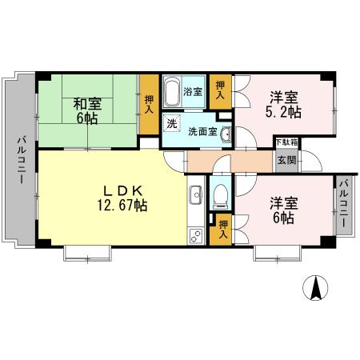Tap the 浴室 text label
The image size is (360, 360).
pyautogui.click(x=193, y=91)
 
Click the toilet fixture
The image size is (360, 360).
pyautogui.click(x=221, y=194)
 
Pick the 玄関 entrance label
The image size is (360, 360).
pyautogui.click(x=286, y=158)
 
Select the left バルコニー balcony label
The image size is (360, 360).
pyautogui.click(x=20, y=159)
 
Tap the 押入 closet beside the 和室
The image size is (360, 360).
pyautogui.click(x=149, y=103)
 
